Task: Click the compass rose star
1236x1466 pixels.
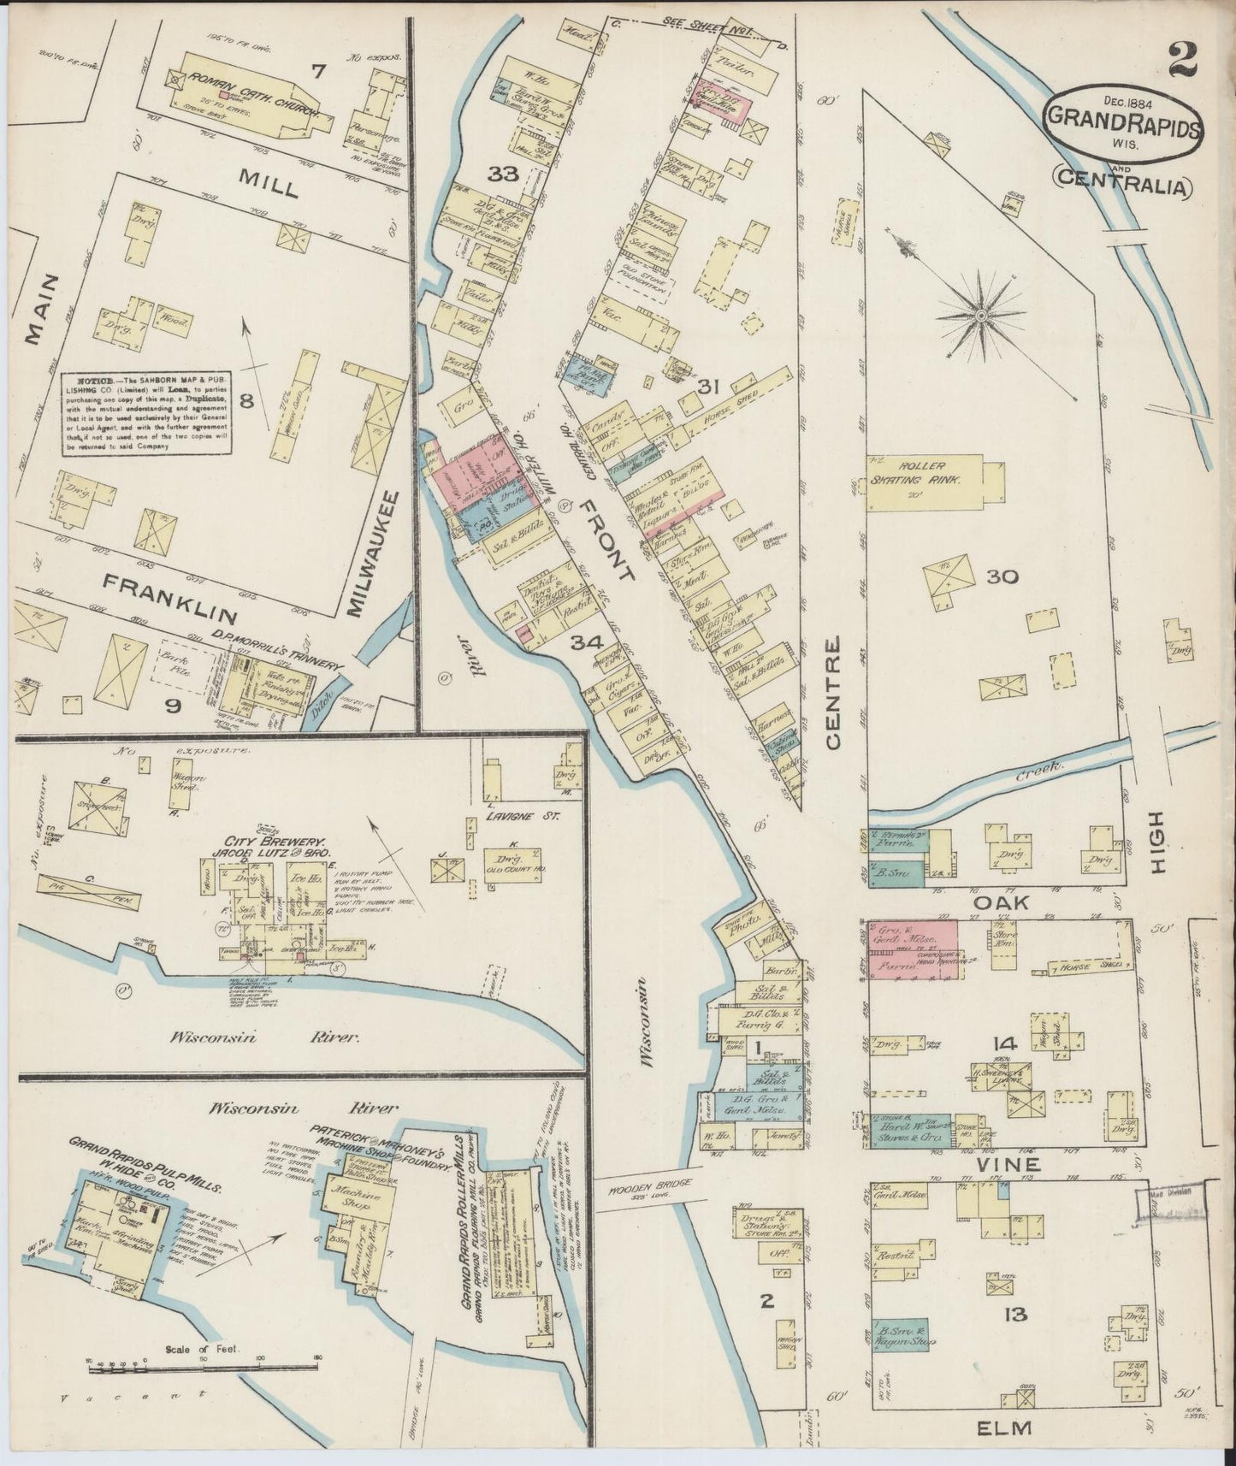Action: [x=981, y=315]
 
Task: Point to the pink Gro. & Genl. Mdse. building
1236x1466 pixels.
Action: [x=913, y=948]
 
